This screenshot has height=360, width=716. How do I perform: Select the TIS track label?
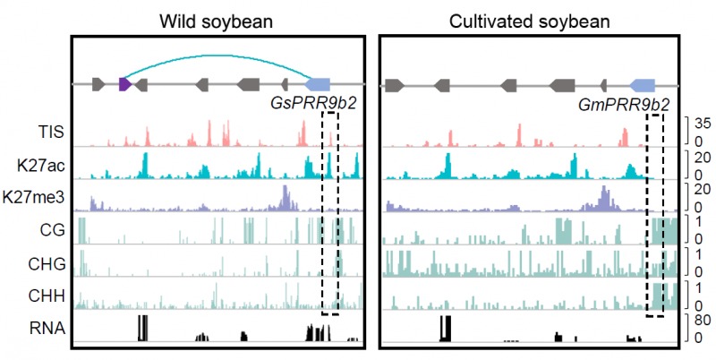(49, 133)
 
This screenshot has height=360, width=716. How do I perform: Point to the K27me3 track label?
(35, 197)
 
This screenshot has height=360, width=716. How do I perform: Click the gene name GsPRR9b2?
(313, 103)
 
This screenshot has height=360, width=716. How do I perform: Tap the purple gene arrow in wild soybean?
(125, 84)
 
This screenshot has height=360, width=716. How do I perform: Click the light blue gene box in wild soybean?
(320, 84)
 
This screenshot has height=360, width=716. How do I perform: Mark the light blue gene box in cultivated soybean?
(643, 84)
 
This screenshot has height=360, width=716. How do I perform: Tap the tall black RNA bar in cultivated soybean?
(445, 328)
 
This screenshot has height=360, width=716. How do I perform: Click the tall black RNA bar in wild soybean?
(141, 328)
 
